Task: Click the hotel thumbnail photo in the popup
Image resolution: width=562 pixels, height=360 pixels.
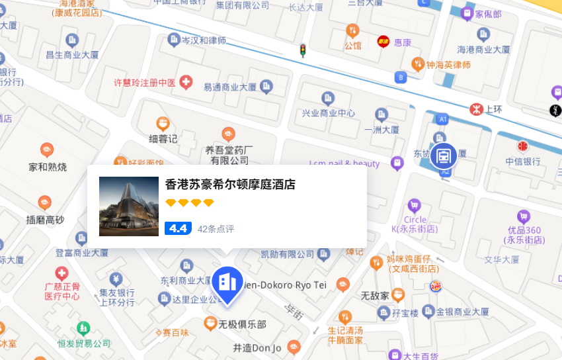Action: click(129, 206)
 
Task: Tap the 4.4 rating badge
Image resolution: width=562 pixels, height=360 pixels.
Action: click(178, 228)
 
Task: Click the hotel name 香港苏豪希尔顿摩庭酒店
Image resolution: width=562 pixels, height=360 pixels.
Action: click(230, 185)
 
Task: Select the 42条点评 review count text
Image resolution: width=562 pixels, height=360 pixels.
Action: click(216, 229)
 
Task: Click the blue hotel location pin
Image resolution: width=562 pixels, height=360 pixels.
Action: click(227, 283)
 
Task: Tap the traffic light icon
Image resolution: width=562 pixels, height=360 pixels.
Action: click(303, 50)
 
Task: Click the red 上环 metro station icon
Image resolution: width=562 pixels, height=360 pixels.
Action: click(474, 109)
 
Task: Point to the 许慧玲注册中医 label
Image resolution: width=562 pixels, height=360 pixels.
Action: click(144, 83)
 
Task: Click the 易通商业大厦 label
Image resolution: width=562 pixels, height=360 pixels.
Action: click(229, 87)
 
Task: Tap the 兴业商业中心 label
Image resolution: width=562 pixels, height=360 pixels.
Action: click(329, 113)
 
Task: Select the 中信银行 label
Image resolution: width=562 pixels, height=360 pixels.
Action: click(523, 161)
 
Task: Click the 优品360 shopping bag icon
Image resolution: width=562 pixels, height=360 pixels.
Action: click(524, 216)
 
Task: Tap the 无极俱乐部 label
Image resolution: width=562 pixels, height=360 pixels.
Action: click(242, 324)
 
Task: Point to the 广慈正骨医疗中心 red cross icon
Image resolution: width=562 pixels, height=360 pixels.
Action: click(61, 273)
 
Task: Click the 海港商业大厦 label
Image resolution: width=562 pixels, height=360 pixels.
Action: click(484, 50)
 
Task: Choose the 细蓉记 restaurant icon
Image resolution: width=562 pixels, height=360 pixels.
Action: click(163, 123)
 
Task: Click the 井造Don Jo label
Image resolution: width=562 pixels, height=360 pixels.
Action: click(257, 347)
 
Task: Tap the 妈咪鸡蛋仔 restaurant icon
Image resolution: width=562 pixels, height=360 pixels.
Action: click(376, 263)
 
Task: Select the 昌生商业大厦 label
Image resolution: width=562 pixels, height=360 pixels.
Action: click(71, 54)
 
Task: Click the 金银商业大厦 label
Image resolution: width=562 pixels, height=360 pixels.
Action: click(462, 311)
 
